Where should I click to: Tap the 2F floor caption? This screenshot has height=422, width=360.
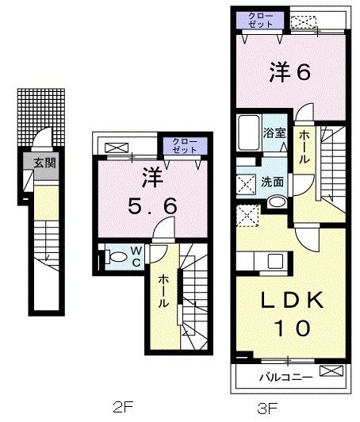(121, 408)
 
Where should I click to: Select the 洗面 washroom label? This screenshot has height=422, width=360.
(274, 182)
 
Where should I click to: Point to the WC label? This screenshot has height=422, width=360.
(136, 256)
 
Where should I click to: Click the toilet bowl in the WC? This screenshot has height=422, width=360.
(116, 256)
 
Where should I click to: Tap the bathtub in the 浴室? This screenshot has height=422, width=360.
(248, 135)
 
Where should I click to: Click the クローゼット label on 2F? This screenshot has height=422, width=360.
(184, 145)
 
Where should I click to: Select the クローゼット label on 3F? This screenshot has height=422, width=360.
(259, 20)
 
